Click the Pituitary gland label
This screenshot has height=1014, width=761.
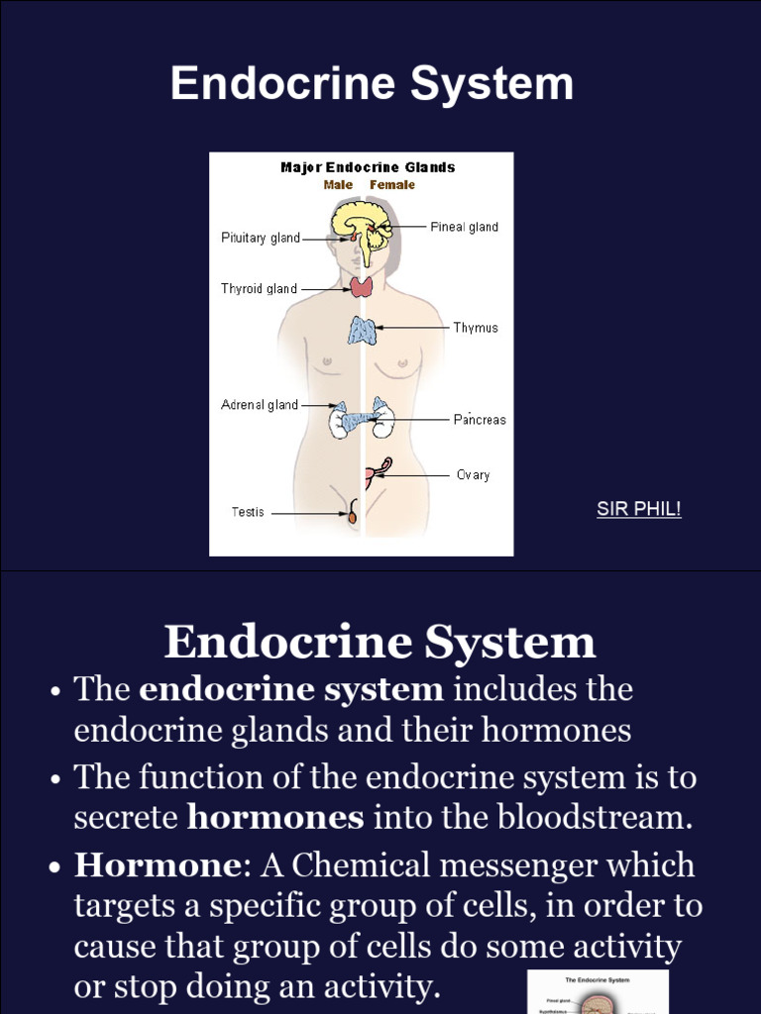pyautogui.click(x=260, y=239)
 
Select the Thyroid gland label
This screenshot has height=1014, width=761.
pyautogui.click(x=259, y=289)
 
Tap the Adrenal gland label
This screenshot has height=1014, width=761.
pyautogui.click(x=259, y=405)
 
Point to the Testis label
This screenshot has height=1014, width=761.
pyautogui.click(x=248, y=513)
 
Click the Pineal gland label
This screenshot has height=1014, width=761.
pyautogui.click(x=464, y=227)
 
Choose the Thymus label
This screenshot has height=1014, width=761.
pyautogui.click(x=476, y=328)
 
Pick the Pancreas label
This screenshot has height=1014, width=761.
pyautogui.click(x=480, y=420)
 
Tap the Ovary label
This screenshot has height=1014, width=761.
pyautogui.click(x=473, y=475)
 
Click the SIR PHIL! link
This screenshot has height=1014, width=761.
pyautogui.click(x=638, y=510)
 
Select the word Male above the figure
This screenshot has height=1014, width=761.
pyautogui.click(x=338, y=185)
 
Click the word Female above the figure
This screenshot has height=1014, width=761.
pyautogui.click(x=392, y=185)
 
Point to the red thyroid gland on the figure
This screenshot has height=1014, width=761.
pyautogui.click(x=361, y=287)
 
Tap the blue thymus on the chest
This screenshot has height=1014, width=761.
pyautogui.click(x=362, y=330)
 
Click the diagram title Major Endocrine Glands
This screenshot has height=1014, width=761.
pyautogui.click(x=368, y=167)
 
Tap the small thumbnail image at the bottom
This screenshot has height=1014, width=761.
pyautogui.click(x=598, y=992)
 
